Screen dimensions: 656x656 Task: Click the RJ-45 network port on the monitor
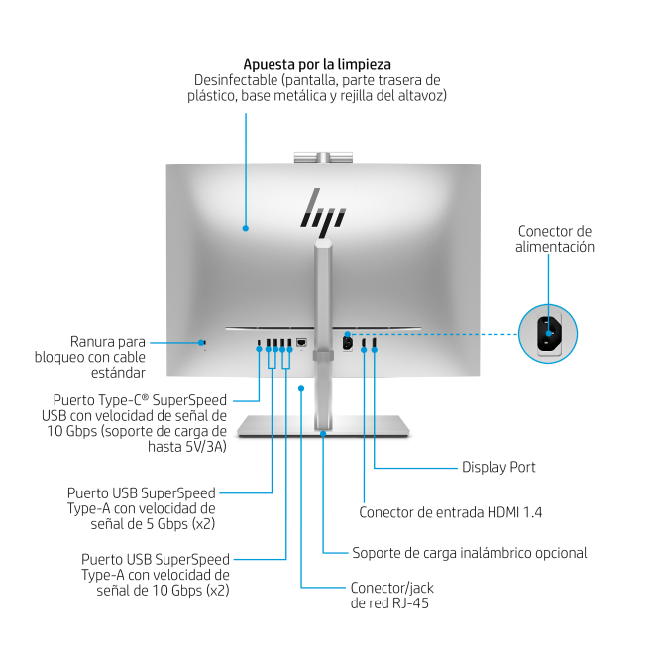[x=301, y=344]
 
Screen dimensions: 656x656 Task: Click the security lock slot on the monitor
[x=204, y=343]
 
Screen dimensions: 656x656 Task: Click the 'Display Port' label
[x=498, y=467]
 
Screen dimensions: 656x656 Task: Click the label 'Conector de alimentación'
[x=556, y=239]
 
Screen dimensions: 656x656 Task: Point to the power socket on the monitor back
[x=346, y=343]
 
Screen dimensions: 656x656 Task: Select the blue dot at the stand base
[x=324, y=432]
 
